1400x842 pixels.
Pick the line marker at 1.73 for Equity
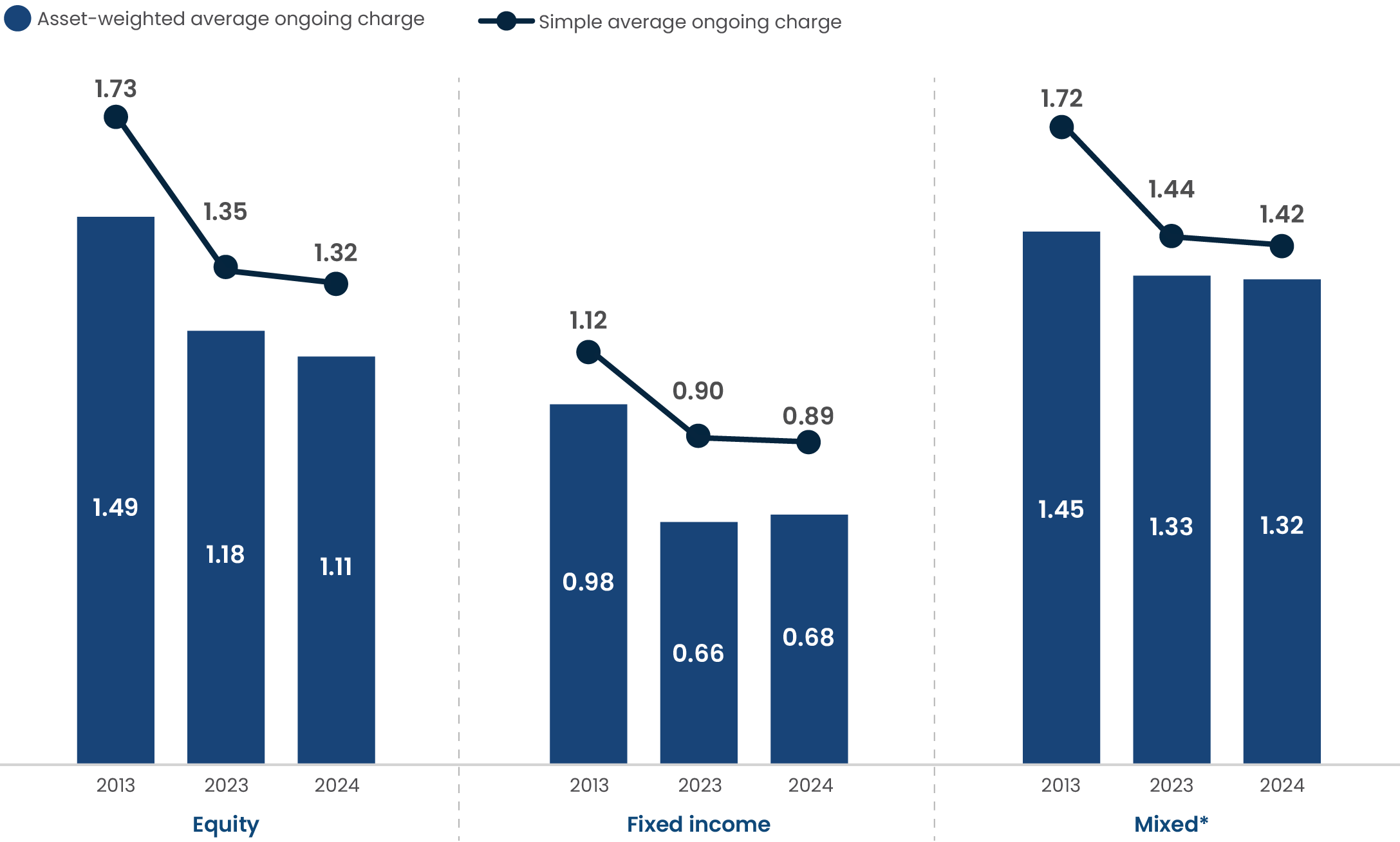(116, 117)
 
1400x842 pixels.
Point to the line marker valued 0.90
(698, 436)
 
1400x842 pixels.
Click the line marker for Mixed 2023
(1171, 236)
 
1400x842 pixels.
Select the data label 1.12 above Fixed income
(588, 320)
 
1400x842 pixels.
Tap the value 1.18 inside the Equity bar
(225, 554)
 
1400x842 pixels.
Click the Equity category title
(225, 824)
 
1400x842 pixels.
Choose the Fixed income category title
(698, 824)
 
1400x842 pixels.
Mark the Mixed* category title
(1171, 824)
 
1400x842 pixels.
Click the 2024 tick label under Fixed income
(810, 785)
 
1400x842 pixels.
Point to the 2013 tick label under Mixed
(1061, 785)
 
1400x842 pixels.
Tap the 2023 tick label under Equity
(226, 785)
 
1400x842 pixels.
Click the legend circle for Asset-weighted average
(17, 19)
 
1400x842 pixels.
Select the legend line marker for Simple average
(507, 21)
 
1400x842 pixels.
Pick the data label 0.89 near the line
(808, 416)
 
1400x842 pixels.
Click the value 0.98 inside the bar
(588, 582)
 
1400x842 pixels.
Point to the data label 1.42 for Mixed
(1282, 214)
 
